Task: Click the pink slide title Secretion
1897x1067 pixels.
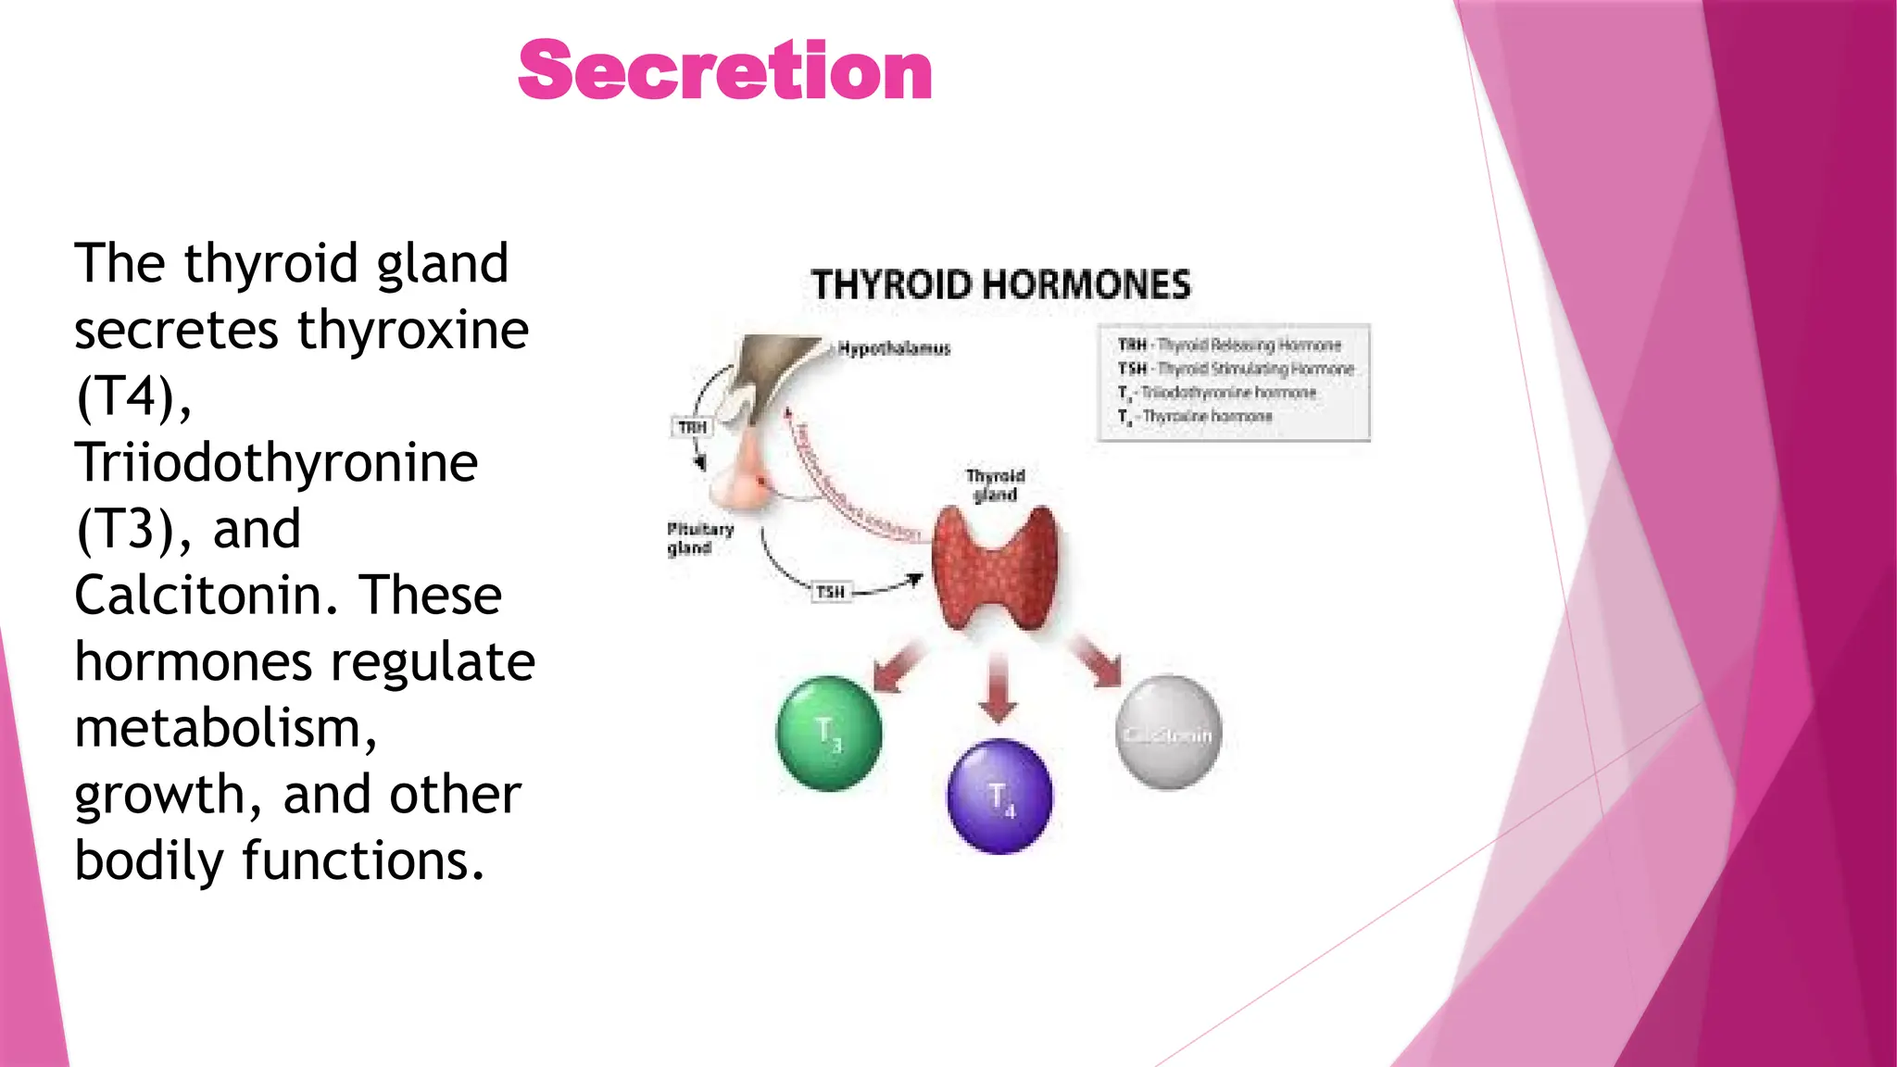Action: tap(724, 71)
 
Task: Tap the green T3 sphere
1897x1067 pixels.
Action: tap(829, 733)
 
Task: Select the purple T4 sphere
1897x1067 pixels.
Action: tap(999, 796)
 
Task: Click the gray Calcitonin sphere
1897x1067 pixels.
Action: tap(1168, 733)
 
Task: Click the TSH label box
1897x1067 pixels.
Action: tap(830, 592)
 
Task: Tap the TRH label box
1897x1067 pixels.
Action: tap(692, 427)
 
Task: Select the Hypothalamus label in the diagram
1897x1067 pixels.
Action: tap(894, 348)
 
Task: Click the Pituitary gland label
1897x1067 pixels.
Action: tap(699, 538)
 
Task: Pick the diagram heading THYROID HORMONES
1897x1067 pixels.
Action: tap(1000, 284)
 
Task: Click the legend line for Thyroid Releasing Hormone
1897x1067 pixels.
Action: tap(1229, 345)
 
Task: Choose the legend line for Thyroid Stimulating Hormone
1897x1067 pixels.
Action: tap(1236, 369)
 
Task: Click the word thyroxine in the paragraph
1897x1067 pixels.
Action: tap(413, 330)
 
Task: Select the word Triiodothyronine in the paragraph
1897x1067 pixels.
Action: tap(276, 462)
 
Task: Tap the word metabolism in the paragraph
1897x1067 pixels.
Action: tap(225, 728)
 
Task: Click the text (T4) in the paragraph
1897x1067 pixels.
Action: tap(133, 396)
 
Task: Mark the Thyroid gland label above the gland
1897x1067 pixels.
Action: tap(995, 484)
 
